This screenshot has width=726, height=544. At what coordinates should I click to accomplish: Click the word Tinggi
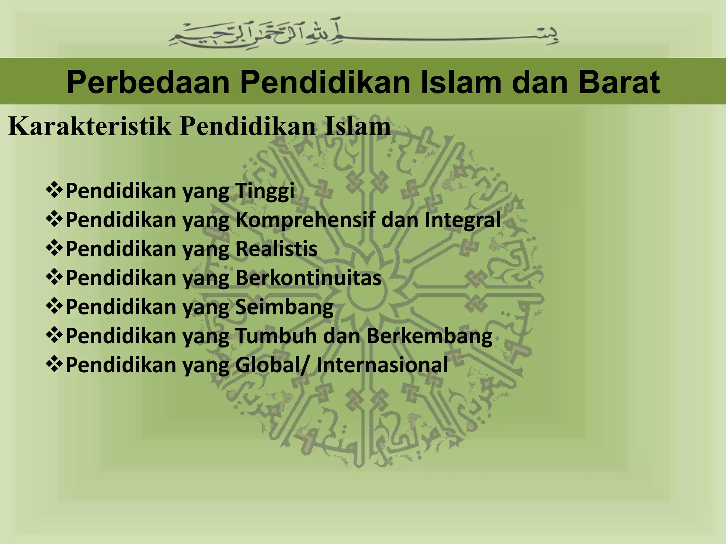tap(264, 191)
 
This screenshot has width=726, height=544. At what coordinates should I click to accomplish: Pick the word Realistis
tap(276, 249)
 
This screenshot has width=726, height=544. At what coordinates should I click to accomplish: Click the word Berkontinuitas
tap(308, 278)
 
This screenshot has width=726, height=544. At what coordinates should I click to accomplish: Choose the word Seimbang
tap(284, 307)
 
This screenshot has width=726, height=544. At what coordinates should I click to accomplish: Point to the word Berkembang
tap(429, 336)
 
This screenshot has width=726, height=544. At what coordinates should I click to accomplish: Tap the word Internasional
tap(382, 365)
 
